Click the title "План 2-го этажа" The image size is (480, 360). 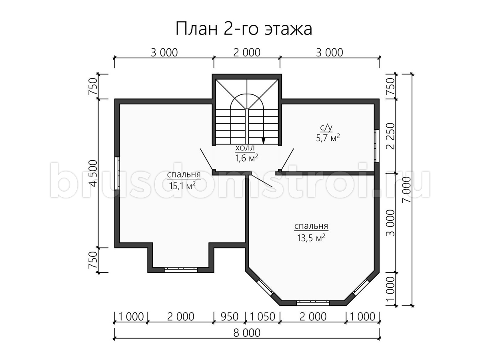(244, 29)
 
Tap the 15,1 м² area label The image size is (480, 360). (182, 186)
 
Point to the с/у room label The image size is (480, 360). (326, 128)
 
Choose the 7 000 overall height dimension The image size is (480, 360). (407, 189)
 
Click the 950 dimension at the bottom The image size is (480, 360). (230, 317)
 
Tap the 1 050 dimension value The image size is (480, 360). (262, 317)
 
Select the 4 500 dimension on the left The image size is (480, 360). (93, 173)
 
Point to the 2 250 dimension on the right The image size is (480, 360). (390, 136)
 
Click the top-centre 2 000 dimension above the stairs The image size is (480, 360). (247, 53)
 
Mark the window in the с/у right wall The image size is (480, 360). (376, 146)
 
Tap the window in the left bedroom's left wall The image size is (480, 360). (118, 173)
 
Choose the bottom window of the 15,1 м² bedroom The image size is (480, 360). (181, 270)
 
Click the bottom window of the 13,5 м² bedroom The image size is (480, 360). (313, 303)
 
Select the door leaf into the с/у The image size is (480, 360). (287, 159)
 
